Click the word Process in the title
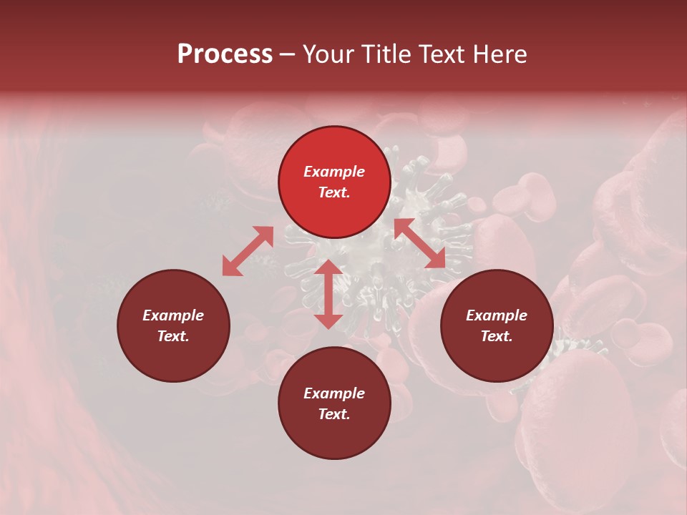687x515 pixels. click(x=225, y=54)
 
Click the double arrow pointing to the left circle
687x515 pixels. click(x=248, y=251)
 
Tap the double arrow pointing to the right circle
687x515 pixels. click(x=420, y=243)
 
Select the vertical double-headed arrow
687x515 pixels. click(x=328, y=294)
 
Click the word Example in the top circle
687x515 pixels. click(x=334, y=172)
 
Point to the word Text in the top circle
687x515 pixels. click(x=334, y=192)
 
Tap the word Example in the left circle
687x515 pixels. click(x=173, y=315)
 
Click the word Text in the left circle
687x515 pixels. click(x=173, y=336)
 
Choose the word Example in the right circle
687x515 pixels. click(x=497, y=315)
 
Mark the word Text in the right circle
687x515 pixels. click(x=497, y=336)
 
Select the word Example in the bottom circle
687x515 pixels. click(x=334, y=393)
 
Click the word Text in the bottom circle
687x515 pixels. click(x=334, y=414)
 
